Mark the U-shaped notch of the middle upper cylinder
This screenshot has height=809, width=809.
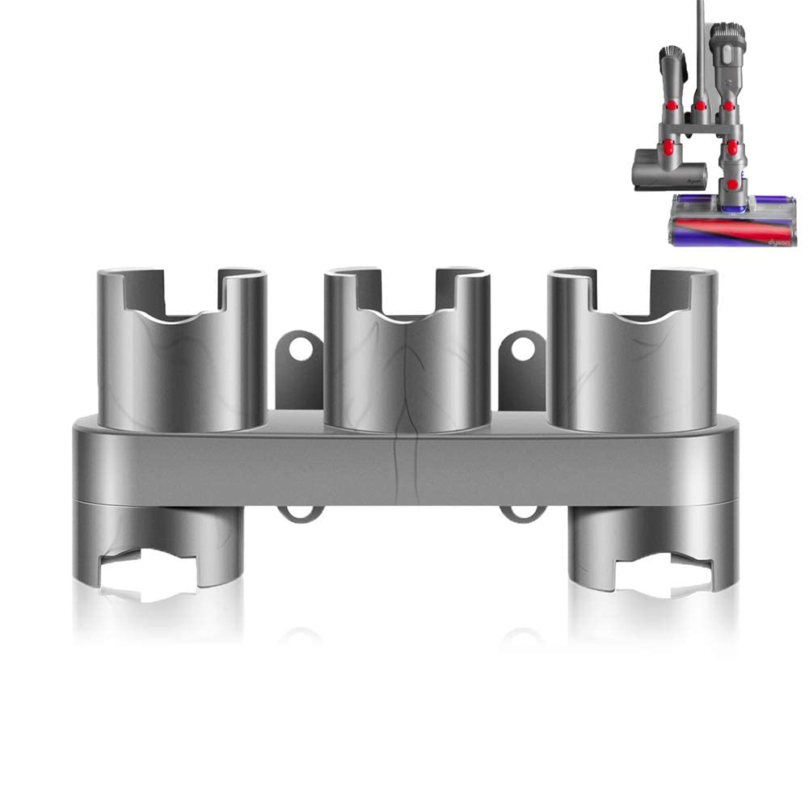(404, 295)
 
